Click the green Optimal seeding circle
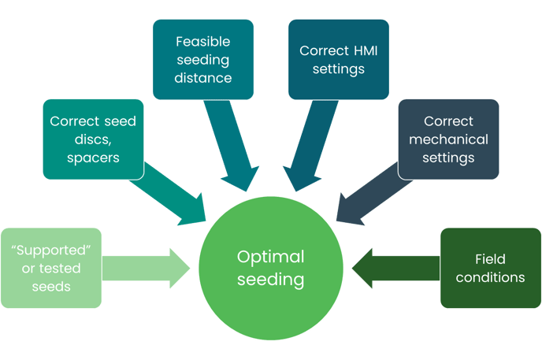click(x=271, y=268)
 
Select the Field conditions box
click(x=491, y=268)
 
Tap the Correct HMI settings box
click(x=339, y=59)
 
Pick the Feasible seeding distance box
click(x=203, y=59)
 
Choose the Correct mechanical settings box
click(x=448, y=139)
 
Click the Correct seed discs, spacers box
click(x=93, y=139)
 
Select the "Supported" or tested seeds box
click(x=51, y=268)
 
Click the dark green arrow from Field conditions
click(x=395, y=268)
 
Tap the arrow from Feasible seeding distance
click(x=231, y=145)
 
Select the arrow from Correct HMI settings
click(x=310, y=145)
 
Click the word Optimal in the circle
click(x=271, y=257)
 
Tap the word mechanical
click(x=448, y=139)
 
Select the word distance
click(x=203, y=78)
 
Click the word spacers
click(x=93, y=158)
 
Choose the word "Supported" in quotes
click(x=51, y=250)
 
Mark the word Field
click(x=490, y=259)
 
